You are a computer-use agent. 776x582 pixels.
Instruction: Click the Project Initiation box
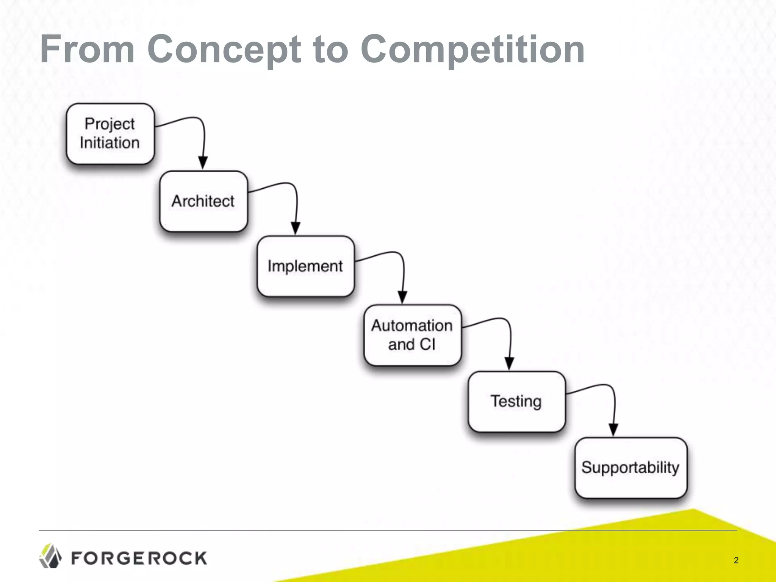tap(110, 134)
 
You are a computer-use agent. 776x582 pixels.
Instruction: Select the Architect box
tap(203, 201)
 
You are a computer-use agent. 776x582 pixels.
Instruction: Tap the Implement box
tap(305, 266)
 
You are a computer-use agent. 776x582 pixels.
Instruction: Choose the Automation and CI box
tap(412, 335)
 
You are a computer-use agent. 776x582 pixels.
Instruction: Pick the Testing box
tap(516, 401)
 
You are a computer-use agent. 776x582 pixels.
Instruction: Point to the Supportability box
tap(630, 468)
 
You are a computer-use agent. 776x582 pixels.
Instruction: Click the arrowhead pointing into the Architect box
tap(203, 163)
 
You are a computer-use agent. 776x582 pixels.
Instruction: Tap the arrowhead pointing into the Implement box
tap(296, 228)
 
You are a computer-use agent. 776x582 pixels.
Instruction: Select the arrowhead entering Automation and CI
tap(402, 297)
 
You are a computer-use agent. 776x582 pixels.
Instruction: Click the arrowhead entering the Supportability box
tap(613, 430)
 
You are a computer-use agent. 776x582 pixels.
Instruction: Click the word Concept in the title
tap(224, 50)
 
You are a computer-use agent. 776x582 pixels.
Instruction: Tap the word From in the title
tap(87, 49)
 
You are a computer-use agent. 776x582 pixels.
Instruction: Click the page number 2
tap(736, 560)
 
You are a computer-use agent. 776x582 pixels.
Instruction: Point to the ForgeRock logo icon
tap(50, 556)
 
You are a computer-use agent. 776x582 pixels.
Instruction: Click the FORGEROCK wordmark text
tap(139, 558)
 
